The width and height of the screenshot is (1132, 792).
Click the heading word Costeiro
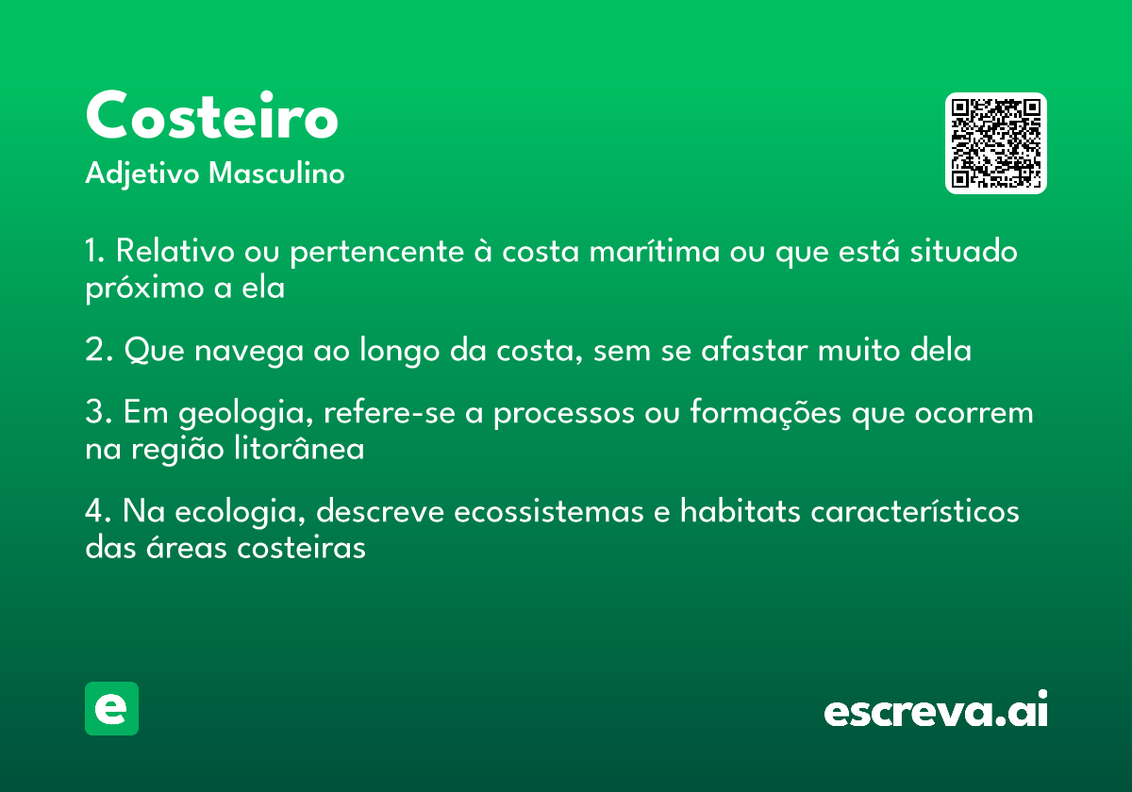[x=211, y=115]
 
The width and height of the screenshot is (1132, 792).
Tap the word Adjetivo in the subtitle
[x=142, y=174]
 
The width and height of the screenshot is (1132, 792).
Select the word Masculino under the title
[x=276, y=173]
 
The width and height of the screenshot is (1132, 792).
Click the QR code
[x=995, y=143]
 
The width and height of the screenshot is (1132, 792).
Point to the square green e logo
[x=111, y=708]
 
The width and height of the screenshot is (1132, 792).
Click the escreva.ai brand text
[x=936, y=709]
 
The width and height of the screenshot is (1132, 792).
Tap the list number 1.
[x=94, y=251]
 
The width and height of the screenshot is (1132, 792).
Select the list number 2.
[x=98, y=350]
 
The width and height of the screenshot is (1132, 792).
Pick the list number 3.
[x=98, y=412]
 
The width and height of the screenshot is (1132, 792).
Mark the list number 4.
[x=98, y=511]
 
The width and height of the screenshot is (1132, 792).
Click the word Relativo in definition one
[x=175, y=251]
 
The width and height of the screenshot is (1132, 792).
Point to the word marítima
[x=655, y=251]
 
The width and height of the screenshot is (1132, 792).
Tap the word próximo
[x=144, y=289]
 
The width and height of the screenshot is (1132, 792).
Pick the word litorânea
[x=299, y=448]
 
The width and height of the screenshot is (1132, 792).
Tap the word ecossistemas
[x=548, y=511]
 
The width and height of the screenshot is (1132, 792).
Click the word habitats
[x=741, y=510]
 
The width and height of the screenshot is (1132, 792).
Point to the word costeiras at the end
[x=301, y=547]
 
